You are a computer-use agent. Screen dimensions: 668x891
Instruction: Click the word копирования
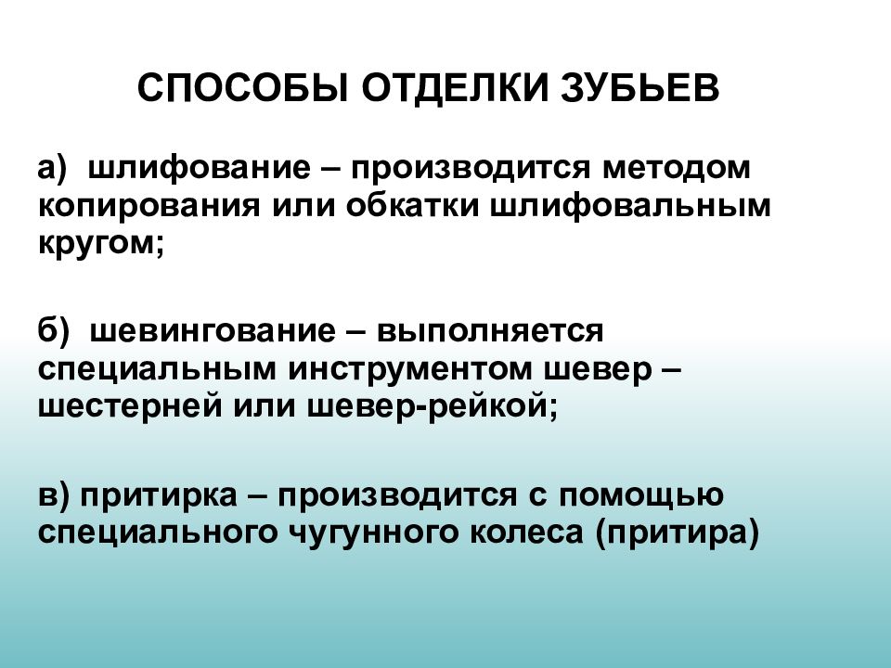pyautogui.click(x=148, y=206)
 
